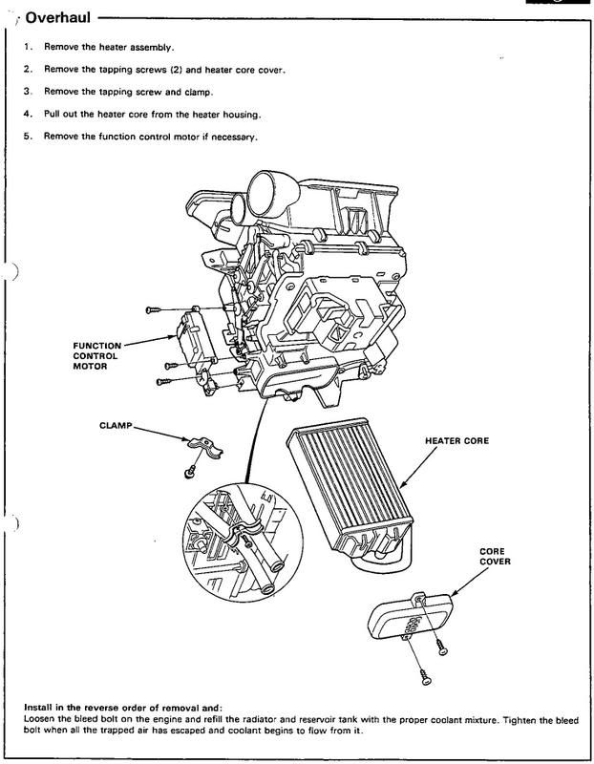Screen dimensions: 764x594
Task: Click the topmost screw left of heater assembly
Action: tap(153, 310)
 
